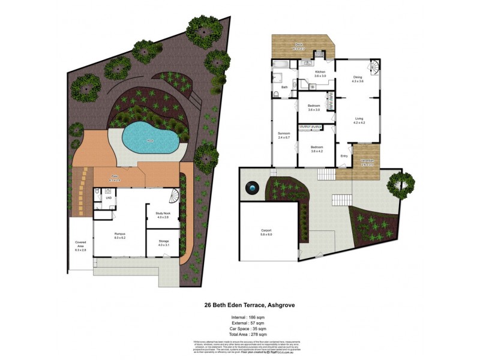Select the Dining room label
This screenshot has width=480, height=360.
coord(358,79)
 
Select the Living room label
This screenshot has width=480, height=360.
coord(359,120)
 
